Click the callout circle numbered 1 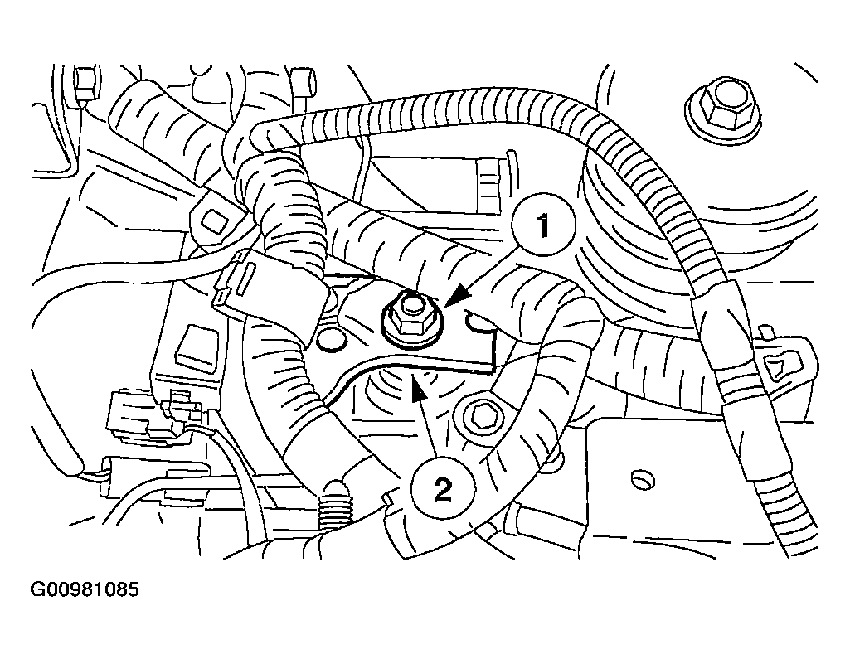[543, 225]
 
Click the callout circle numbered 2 [443, 491]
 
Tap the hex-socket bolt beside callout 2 [481, 415]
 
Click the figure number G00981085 [85, 589]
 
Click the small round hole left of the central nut [331, 341]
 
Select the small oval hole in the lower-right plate [644, 480]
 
